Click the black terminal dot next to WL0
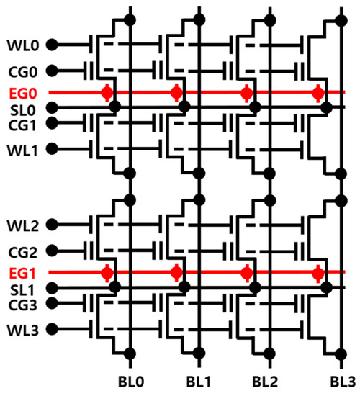click(51, 45)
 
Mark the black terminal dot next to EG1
click(51, 274)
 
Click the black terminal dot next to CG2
click(51, 252)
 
